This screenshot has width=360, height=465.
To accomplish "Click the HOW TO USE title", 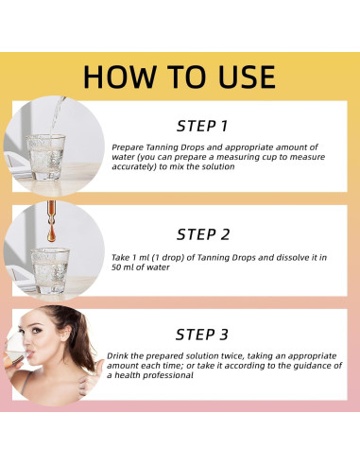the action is [180, 77].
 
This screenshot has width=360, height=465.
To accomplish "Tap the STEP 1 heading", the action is [202, 126].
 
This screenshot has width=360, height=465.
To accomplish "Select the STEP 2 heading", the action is [203, 234].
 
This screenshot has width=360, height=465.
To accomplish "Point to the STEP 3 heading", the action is [202, 335].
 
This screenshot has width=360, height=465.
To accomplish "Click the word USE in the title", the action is [247, 77].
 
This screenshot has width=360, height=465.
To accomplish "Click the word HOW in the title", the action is [120, 77].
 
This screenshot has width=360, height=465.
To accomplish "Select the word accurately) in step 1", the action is [134, 166].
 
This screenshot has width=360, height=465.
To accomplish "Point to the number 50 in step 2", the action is [116, 267].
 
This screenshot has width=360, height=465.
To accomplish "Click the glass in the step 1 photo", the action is [45, 157].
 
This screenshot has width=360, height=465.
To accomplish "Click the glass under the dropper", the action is [50, 270].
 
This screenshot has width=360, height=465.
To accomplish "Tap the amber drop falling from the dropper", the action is [51, 234].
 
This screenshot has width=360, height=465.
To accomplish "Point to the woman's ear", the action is [66, 334].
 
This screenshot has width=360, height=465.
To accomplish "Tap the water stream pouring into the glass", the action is [57, 116].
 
